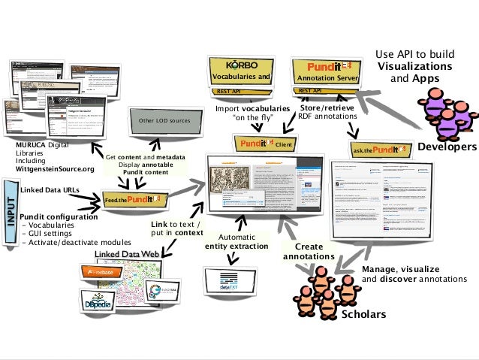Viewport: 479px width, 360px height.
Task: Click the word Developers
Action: click(x=447, y=147)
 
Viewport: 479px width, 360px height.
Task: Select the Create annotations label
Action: click(x=309, y=252)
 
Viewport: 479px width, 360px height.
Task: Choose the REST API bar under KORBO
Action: click(x=228, y=91)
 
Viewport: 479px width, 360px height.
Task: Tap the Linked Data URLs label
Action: click(x=50, y=191)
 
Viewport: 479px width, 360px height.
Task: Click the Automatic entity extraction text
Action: click(x=236, y=241)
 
